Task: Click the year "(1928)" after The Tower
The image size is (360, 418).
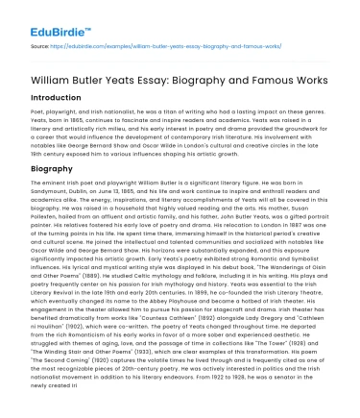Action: (278, 369)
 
